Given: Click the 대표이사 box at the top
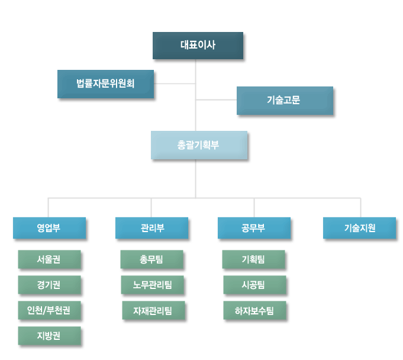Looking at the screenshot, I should [198, 45].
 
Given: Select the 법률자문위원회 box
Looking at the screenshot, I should [105, 83].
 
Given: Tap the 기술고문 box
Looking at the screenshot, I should [284, 100].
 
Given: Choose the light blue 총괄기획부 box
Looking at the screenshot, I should [198, 144].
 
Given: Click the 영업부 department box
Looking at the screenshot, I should [49, 228].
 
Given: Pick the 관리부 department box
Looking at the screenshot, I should [151, 228].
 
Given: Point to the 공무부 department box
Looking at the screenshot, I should [254, 228].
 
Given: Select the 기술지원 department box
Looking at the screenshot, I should [359, 228].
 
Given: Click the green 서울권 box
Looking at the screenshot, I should [49, 259].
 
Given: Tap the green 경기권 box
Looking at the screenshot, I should [49, 285].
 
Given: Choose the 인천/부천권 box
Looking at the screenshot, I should [49, 310].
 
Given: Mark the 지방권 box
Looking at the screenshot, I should [49, 336].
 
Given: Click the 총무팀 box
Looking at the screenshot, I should [151, 259].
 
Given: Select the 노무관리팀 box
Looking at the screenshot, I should [153, 285].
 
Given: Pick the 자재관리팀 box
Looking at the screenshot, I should [153, 310].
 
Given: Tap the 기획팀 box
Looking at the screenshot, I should [253, 259].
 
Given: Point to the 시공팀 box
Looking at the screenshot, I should [254, 285].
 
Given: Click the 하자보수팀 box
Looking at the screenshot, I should [254, 310].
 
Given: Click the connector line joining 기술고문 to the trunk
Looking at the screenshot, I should [216, 100].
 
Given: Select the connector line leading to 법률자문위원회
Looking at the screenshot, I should [175, 83].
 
